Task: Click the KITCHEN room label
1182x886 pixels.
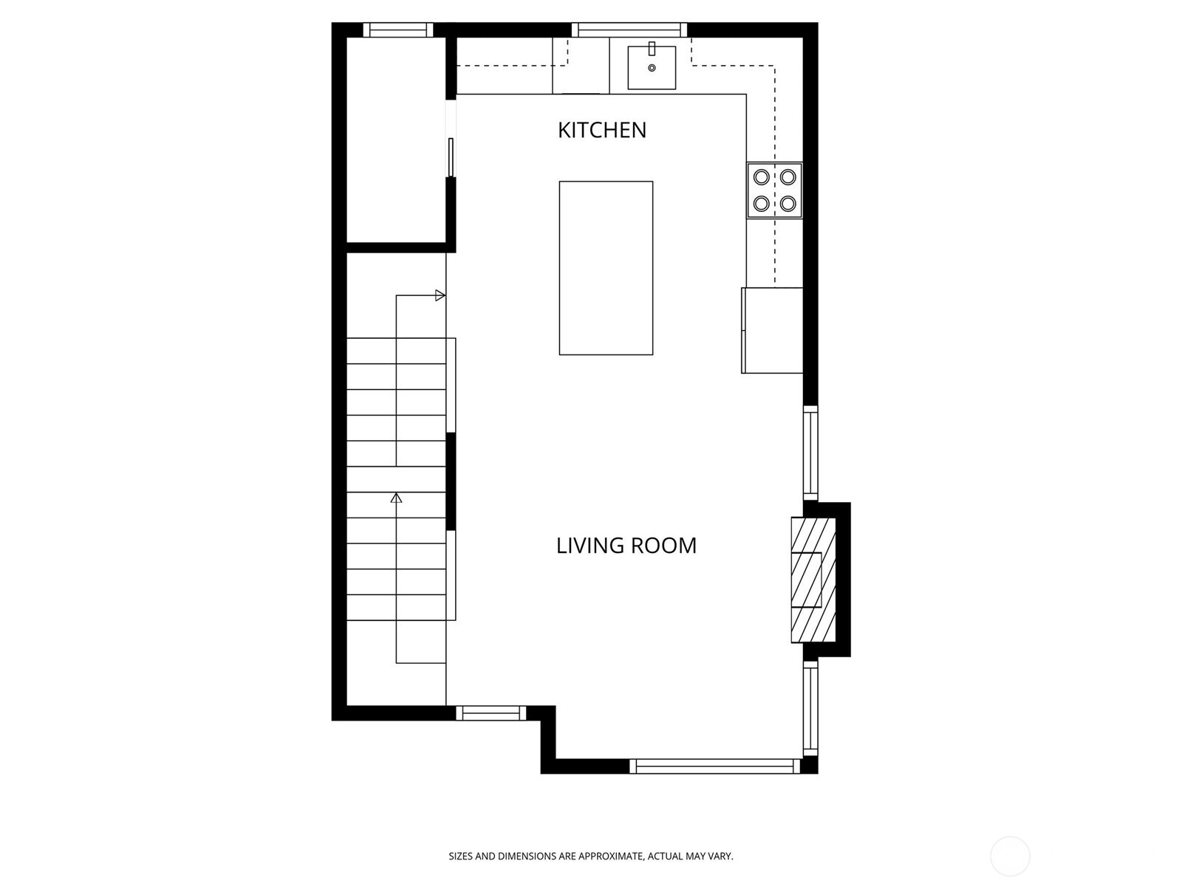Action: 601,130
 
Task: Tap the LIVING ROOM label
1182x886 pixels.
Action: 626,546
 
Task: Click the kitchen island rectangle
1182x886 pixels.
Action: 606,268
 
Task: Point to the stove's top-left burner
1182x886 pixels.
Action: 761,177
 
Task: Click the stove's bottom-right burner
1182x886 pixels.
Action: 788,203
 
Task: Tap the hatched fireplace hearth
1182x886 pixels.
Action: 813,580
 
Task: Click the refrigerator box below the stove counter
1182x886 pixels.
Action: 773,330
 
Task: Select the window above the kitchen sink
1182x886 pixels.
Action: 629,30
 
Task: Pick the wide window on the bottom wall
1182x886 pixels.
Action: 715,766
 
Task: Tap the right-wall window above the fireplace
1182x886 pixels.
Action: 810,452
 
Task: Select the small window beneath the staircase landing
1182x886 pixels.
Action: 491,712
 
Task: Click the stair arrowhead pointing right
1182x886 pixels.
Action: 440,295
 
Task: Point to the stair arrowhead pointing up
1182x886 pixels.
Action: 396,498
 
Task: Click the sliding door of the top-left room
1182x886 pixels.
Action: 451,157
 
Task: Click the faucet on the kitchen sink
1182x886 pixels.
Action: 652,49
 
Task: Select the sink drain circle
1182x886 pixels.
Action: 652,69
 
